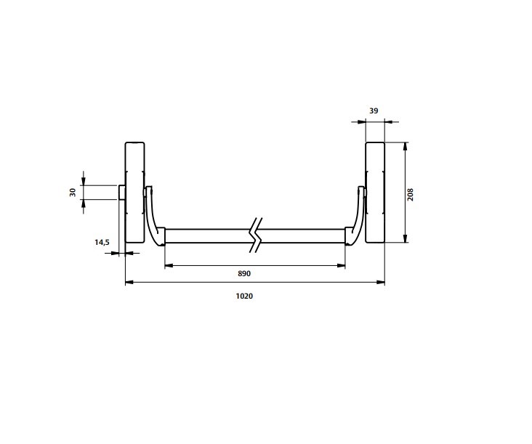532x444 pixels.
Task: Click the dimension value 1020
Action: point(244,296)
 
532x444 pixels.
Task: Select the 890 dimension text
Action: point(244,273)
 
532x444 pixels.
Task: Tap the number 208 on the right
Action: point(411,194)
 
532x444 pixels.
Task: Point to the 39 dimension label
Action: point(374,111)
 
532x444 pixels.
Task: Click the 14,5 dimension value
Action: point(102,242)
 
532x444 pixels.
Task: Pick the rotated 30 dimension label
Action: point(73,193)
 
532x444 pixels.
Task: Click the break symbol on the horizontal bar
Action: point(256,235)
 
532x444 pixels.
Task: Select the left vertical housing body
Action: point(134,193)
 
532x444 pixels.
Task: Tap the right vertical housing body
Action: point(375,193)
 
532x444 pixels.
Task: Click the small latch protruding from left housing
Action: point(122,193)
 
